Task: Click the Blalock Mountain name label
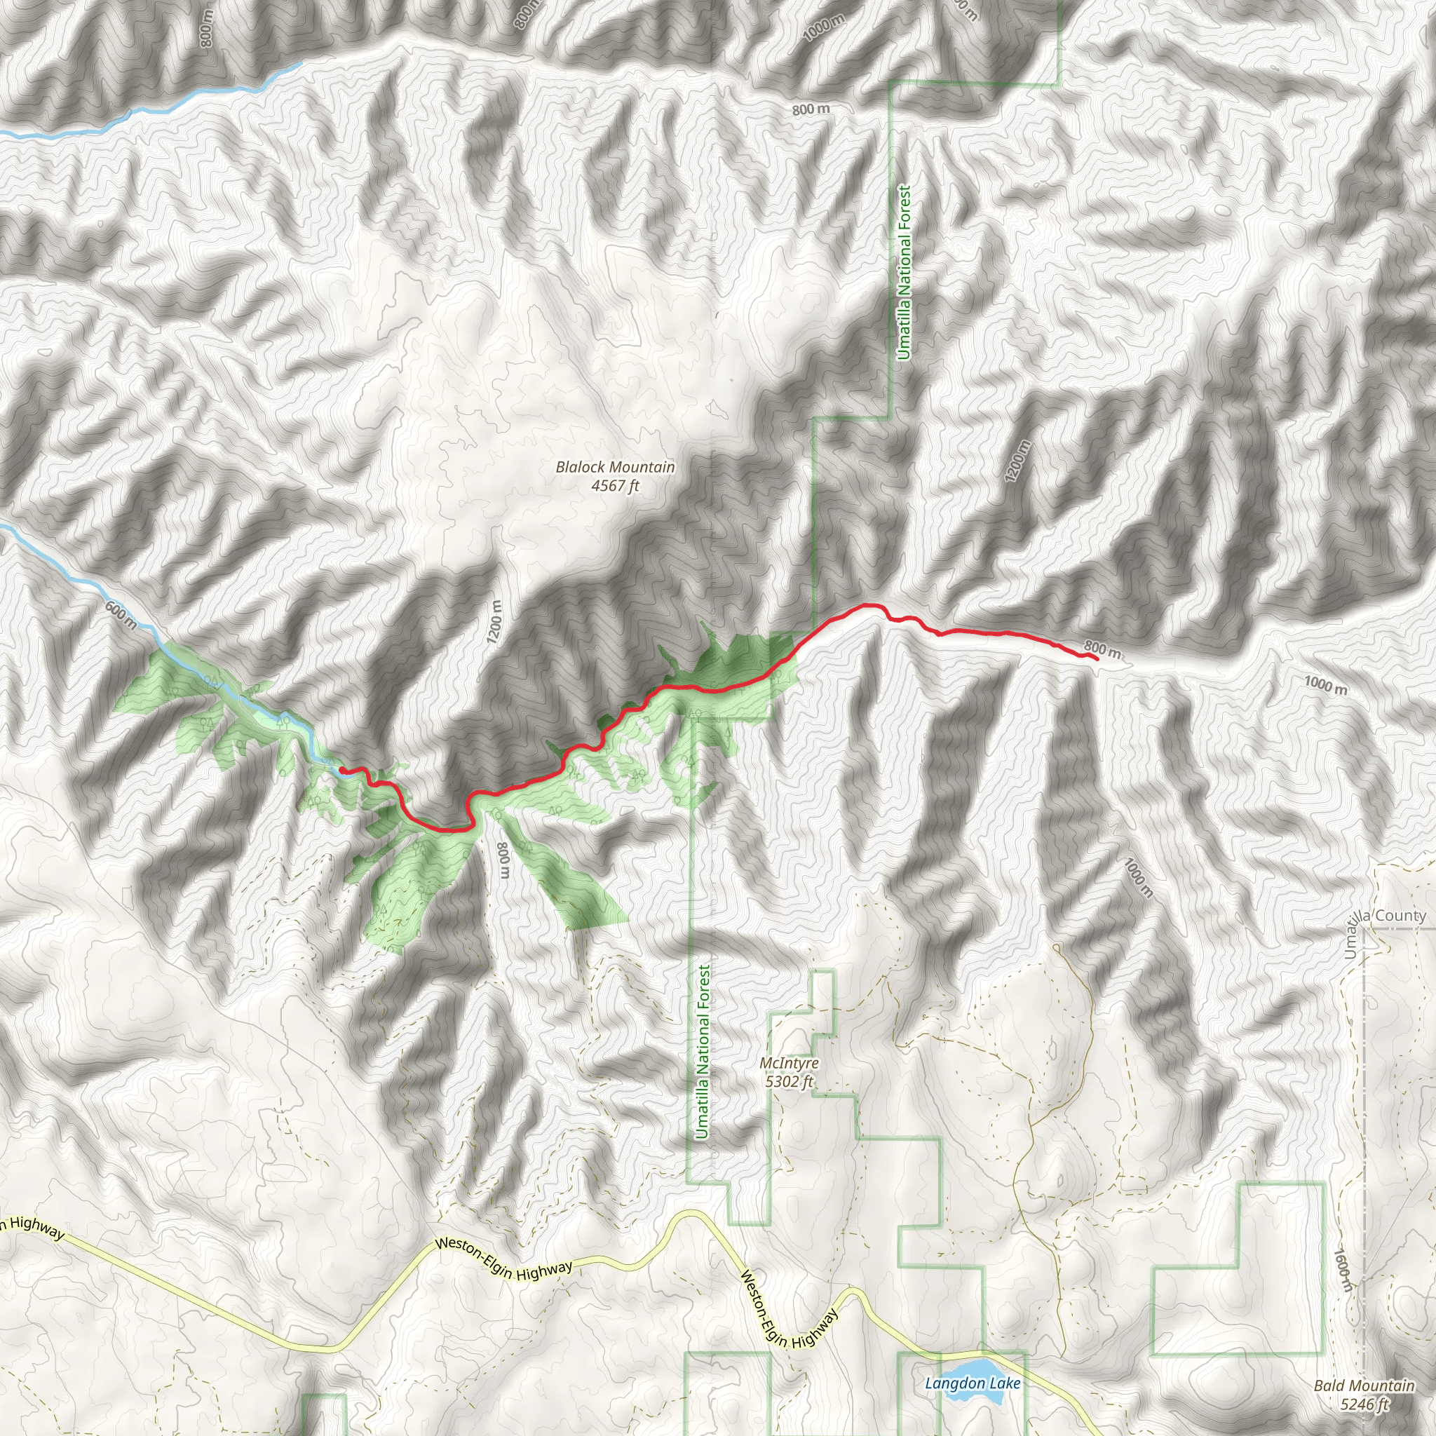click(x=616, y=467)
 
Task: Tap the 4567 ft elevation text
click(x=616, y=486)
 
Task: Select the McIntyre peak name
click(x=790, y=1063)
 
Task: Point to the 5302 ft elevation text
click(x=790, y=1081)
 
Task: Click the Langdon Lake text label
click(x=973, y=1383)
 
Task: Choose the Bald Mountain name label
click(x=1364, y=1386)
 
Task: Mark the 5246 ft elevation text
click(x=1364, y=1403)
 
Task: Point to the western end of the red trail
click(x=341, y=769)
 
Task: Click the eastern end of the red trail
click(x=1097, y=658)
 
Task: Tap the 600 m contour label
click(x=121, y=615)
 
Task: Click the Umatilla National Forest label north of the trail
click(x=904, y=273)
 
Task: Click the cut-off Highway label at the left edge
click(x=33, y=1227)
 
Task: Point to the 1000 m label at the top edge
click(x=825, y=28)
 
